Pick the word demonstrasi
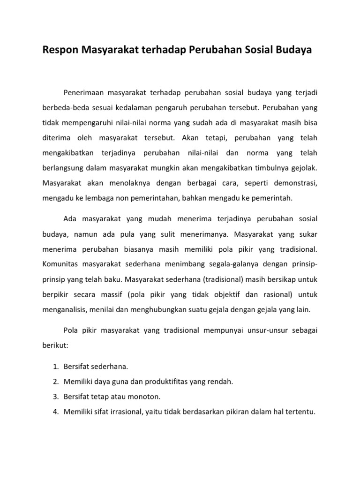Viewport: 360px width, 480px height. (294, 183)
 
